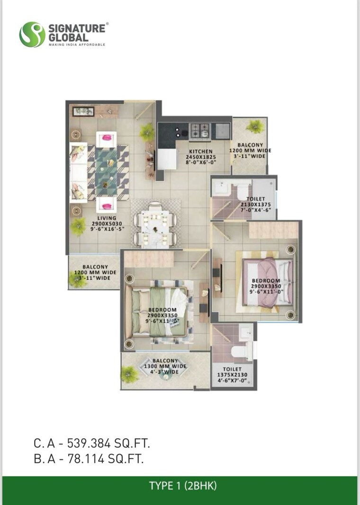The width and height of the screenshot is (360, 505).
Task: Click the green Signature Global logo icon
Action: pos(32,34)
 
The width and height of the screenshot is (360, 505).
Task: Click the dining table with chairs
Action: pos(155,224)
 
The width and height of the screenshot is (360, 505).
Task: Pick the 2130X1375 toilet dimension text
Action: pos(255,205)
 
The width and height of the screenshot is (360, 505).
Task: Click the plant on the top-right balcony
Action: pos(255,126)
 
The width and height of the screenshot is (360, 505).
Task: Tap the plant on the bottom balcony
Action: pos(129,374)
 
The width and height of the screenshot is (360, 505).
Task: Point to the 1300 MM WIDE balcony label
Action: pos(165,366)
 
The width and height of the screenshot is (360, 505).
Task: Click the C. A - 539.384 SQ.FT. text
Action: pos(91,443)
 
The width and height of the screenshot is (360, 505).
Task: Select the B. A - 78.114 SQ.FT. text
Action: pos(88,458)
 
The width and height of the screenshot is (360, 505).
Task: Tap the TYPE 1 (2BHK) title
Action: pos(183,485)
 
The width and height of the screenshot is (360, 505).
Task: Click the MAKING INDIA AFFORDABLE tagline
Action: pos(77,44)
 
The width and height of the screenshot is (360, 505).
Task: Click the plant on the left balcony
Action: pos(76,279)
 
